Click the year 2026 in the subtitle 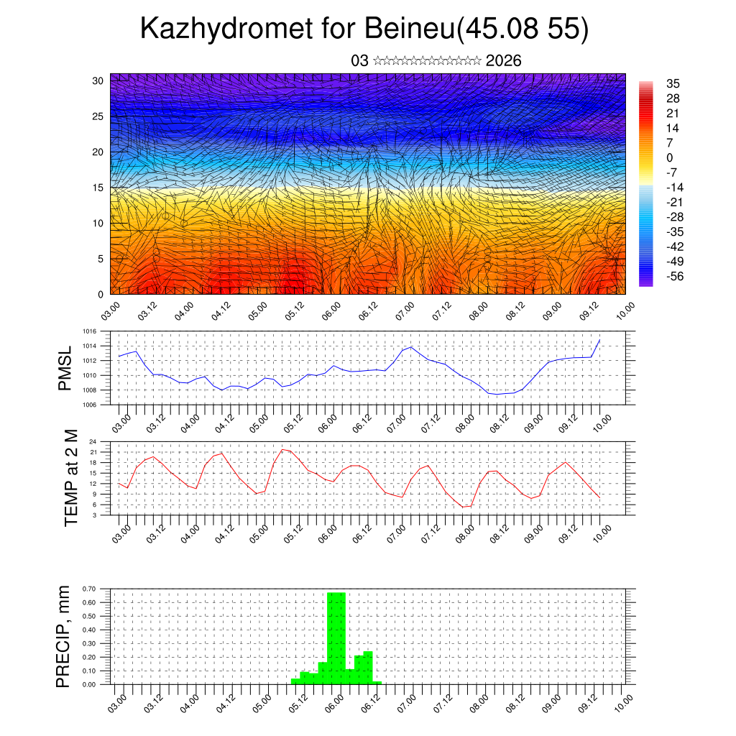pos(503,61)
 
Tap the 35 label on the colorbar pos(673,83)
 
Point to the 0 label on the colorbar pos(670,157)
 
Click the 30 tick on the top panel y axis pos(98,80)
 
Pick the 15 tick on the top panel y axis pos(98,188)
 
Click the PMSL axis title pos(65,368)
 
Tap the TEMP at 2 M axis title pos(70,477)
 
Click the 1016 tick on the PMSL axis pos(88,331)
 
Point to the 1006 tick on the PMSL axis pos(88,405)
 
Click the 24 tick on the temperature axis pos(93,441)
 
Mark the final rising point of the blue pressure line pos(599,339)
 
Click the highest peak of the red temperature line pos(283,449)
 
